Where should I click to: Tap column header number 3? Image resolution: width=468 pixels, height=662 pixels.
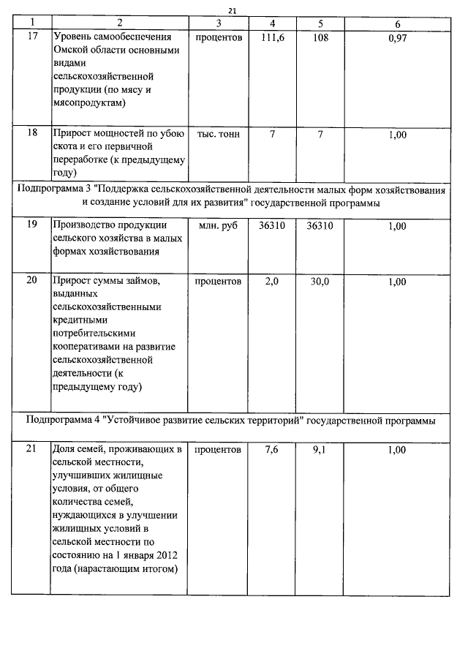(x=219, y=23)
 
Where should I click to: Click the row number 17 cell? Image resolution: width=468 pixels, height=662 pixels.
(x=31, y=37)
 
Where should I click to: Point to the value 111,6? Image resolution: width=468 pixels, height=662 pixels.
(x=272, y=37)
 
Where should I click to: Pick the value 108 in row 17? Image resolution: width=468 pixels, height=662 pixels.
(x=320, y=37)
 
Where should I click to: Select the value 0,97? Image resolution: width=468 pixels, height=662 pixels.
(x=397, y=37)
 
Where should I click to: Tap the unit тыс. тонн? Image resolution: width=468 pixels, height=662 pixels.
(x=219, y=135)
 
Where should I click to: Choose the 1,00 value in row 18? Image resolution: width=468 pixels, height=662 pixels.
(x=397, y=135)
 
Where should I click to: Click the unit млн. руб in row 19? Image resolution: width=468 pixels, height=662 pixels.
(x=219, y=226)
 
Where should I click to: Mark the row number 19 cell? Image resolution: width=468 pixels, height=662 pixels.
(x=31, y=226)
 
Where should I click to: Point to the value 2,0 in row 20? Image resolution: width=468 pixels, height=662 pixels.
(x=272, y=281)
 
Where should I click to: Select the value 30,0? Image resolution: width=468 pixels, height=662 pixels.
(x=320, y=281)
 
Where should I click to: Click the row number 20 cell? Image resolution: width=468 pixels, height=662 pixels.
(x=31, y=281)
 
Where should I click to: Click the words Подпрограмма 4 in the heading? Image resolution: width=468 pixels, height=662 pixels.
(x=64, y=421)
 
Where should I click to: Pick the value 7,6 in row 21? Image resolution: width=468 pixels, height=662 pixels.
(x=272, y=450)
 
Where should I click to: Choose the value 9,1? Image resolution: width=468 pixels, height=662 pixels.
(x=320, y=450)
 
